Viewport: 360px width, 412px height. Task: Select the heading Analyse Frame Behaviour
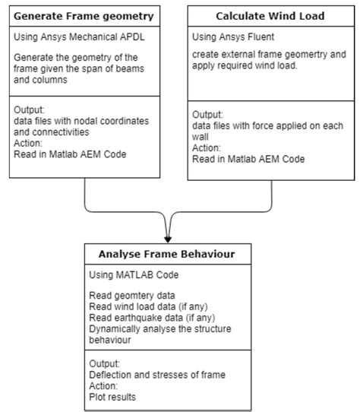(165, 254)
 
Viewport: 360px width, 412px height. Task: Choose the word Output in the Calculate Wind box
(209, 116)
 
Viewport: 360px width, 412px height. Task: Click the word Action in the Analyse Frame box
(105, 384)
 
